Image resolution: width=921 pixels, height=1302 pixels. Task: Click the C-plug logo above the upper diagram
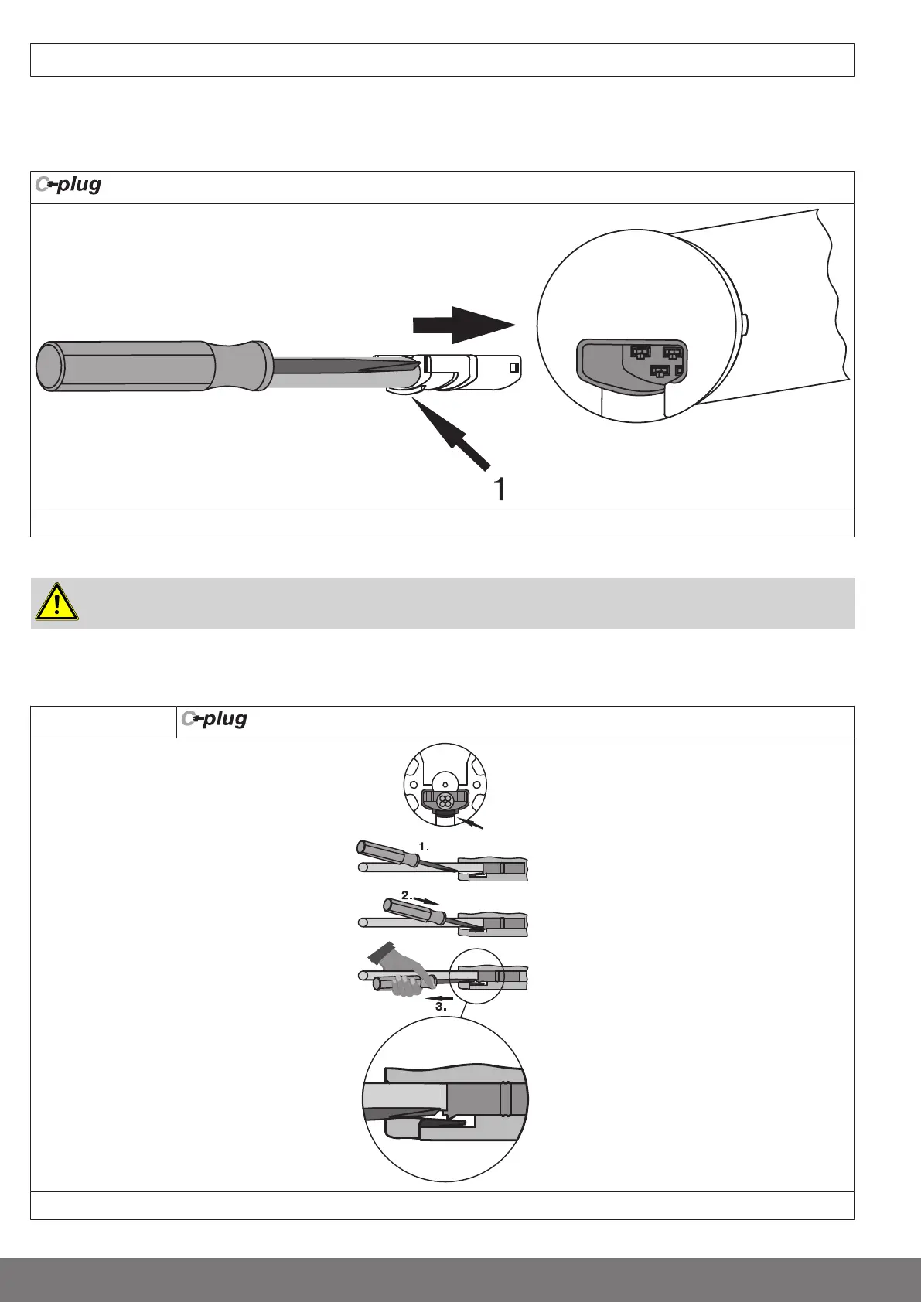(x=68, y=186)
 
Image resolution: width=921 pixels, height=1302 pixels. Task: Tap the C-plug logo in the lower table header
(x=214, y=720)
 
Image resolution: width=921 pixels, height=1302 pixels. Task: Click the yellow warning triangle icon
(x=56, y=604)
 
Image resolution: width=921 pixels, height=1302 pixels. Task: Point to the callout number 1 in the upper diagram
(x=500, y=489)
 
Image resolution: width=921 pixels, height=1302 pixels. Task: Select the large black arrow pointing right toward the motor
(x=463, y=325)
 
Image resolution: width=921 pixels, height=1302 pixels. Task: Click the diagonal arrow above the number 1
(x=452, y=433)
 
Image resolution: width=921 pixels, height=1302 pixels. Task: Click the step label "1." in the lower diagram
(x=423, y=847)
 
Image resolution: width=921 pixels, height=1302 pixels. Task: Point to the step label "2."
(x=407, y=895)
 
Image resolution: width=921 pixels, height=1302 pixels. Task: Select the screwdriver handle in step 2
(x=413, y=911)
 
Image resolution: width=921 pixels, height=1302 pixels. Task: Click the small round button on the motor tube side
(x=745, y=324)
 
